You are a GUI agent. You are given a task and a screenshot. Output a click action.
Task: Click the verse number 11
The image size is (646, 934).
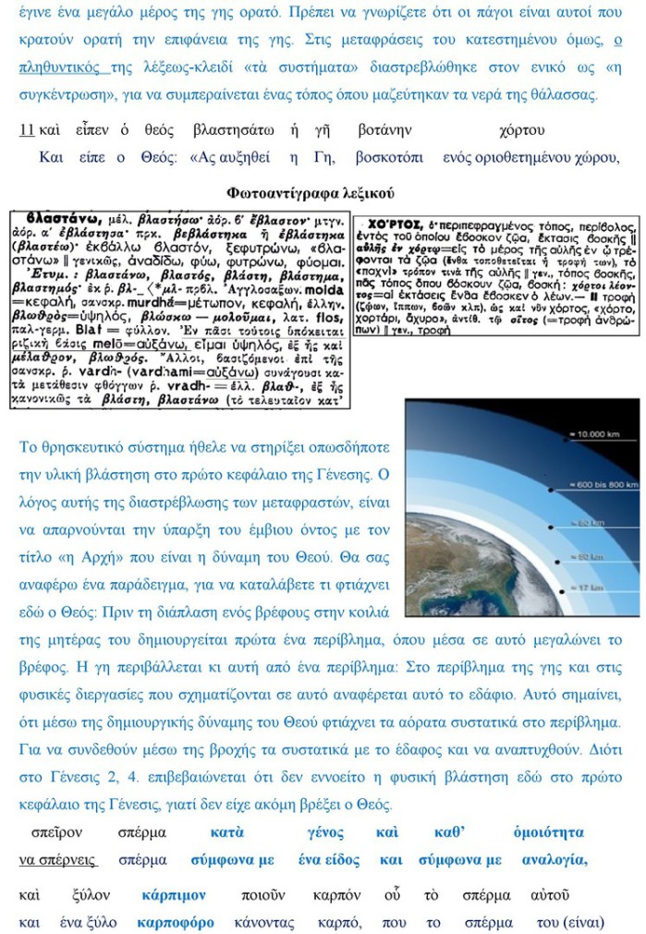pos(26,130)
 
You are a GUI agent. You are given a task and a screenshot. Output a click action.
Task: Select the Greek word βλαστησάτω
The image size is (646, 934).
pos(232,130)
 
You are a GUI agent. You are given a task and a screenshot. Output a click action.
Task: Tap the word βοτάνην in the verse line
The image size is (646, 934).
pos(384,130)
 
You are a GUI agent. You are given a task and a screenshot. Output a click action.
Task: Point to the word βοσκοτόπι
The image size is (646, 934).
pos(389,157)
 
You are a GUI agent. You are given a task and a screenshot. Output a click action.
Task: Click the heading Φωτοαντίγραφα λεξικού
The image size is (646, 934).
pos(310,193)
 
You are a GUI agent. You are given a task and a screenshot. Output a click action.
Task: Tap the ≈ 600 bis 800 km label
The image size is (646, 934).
pos(600,484)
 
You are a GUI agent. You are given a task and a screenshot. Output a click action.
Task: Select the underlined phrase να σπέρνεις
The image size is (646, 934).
pos(57,859)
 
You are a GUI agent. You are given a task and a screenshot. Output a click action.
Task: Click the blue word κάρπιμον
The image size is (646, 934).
pos(174,894)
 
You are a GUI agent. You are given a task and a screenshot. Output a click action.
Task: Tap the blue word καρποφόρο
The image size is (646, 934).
pos(176,922)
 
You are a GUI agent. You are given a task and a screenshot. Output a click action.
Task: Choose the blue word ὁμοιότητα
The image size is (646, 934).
pos(549,832)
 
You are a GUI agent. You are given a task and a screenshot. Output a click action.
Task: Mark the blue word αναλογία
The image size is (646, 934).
pos(555,859)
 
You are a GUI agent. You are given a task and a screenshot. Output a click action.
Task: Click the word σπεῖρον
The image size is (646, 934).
pos(56,832)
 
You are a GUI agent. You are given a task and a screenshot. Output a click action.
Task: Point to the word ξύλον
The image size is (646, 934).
pos(91,894)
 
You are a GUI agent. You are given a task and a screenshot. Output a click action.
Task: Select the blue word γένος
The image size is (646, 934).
pos(326,832)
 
